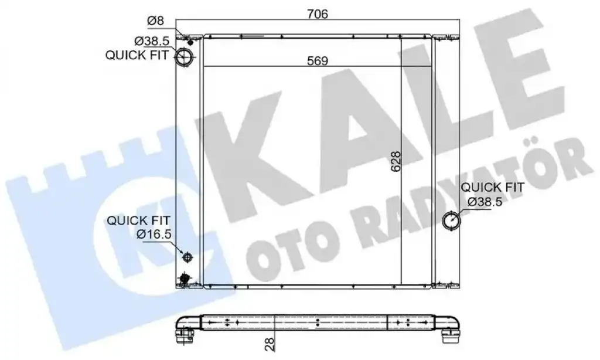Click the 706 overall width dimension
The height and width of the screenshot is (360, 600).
click(318, 14)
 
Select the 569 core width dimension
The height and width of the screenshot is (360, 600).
click(318, 61)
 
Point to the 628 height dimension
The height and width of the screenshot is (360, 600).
click(396, 161)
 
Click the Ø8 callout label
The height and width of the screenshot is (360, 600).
click(155, 21)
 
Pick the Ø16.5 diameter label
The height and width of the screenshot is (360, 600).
click(154, 233)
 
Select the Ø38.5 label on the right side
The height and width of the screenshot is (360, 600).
click(485, 202)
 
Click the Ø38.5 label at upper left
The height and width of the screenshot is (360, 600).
click(151, 40)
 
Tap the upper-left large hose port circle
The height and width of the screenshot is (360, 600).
click(185, 57)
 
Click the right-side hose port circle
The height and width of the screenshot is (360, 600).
click(451, 220)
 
